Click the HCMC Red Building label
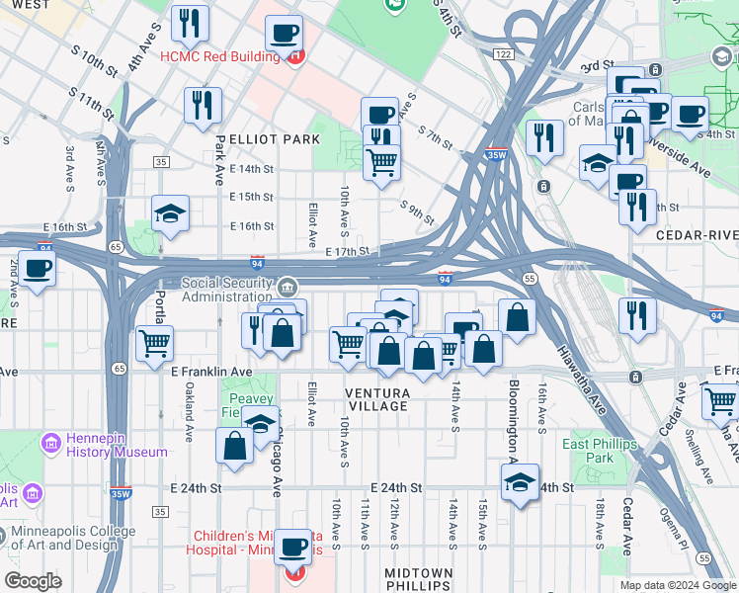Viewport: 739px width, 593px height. pyautogui.click(x=218, y=56)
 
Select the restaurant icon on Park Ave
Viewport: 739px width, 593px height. pyautogui.click(x=203, y=105)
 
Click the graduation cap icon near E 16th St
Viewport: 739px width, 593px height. pyautogui.click(x=170, y=213)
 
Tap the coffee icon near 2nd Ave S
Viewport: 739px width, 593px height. pyautogui.click(x=37, y=269)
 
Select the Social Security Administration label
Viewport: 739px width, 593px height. pyautogui.click(x=226, y=290)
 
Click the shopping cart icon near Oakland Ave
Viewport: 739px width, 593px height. pyautogui.click(x=154, y=344)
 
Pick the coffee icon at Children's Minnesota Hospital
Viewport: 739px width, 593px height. pyautogui.click(x=292, y=547)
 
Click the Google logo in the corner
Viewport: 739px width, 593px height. pyautogui.click(x=33, y=581)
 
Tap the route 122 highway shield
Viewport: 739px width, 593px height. pyautogui.click(x=504, y=53)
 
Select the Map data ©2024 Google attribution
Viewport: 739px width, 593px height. pyautogui.click(x=678, y=585)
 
